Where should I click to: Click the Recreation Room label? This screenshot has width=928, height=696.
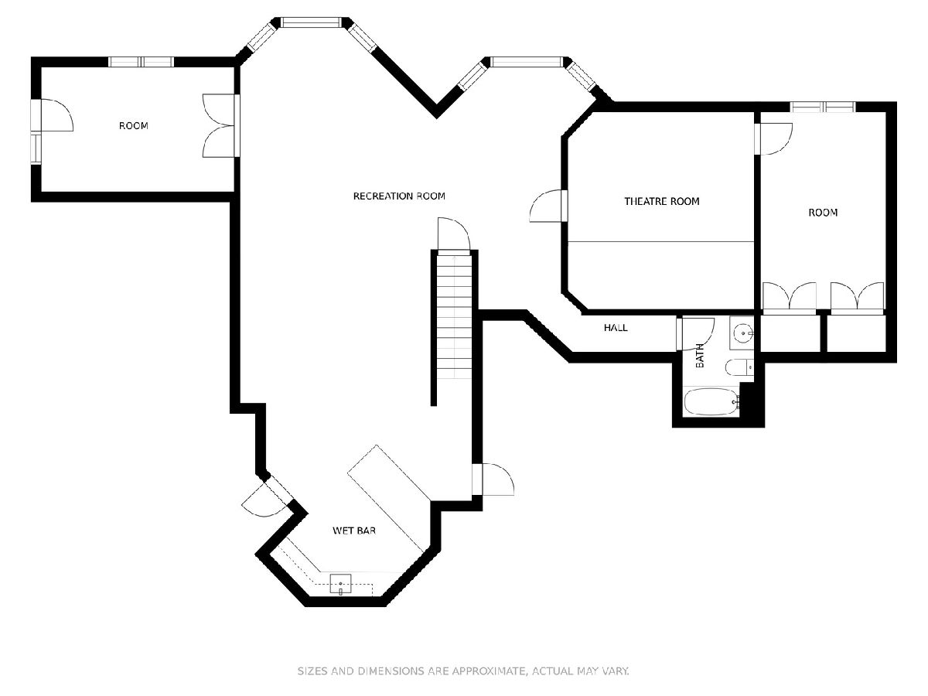click(399, 196)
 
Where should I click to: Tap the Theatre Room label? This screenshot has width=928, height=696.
click(662, 201)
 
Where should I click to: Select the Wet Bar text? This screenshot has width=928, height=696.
click(354, 531)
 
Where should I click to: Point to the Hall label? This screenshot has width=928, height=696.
click(616, 327)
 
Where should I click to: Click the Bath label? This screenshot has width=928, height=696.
click(700, 356)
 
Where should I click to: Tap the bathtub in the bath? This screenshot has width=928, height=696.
click(711, 401)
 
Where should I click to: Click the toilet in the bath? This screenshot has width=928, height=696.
click(739, 367)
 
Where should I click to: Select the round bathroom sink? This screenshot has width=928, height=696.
click(742, 333)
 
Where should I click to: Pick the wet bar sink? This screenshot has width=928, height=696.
click(340, 585)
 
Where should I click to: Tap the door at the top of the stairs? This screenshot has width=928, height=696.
click(454, 234)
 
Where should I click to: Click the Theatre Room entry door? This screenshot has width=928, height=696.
click(548, 206)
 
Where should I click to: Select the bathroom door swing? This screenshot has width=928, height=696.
click(695, 334)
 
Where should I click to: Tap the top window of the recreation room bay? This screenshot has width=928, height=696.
click(311, 22)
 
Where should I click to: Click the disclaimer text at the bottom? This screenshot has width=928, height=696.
click(463, 670)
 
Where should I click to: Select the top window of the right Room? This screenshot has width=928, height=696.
click(823, 107)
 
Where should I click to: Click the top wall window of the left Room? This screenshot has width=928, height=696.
click(142, 62)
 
